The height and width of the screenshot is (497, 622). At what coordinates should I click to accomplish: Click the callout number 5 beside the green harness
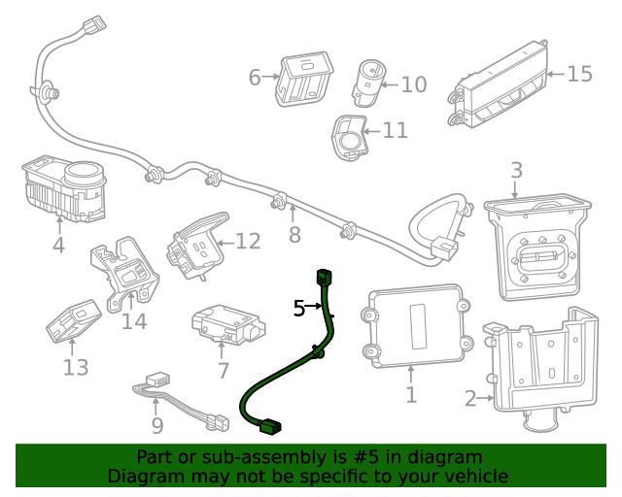click(299, 309)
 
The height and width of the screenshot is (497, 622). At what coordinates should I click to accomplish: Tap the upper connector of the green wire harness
click(325, 278)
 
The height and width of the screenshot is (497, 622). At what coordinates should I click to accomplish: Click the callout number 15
click(579, 74)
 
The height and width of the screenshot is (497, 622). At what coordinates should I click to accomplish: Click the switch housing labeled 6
click(305, 77)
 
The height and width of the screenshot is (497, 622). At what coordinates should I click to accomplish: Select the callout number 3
click(516, 171)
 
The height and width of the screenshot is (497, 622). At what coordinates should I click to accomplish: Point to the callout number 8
click(294, 235)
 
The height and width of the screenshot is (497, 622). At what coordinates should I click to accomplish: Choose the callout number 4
click(58, 246)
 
